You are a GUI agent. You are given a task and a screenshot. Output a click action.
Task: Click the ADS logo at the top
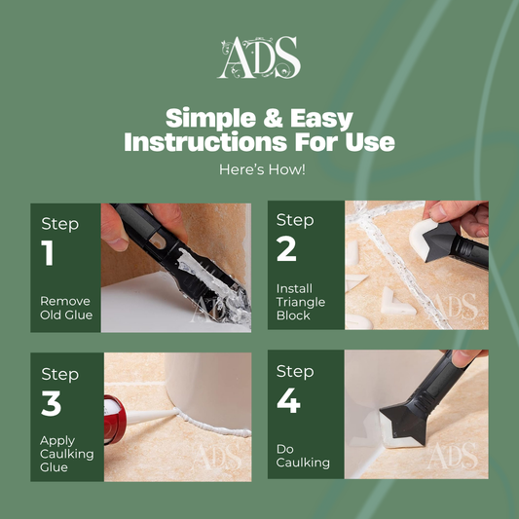259,57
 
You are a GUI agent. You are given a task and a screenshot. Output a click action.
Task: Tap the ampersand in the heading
273,118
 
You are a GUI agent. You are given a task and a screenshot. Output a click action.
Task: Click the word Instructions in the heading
205,142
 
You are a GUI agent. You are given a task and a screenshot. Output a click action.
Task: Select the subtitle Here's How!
262,169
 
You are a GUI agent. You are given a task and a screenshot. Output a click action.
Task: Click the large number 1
48,252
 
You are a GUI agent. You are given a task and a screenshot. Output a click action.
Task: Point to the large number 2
286,249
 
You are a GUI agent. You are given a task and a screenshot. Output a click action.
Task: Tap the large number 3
52,403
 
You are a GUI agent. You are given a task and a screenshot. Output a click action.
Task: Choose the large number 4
288,400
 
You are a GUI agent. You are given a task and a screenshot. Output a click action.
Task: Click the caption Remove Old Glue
66,308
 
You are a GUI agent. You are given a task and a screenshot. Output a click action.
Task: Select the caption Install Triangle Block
301,302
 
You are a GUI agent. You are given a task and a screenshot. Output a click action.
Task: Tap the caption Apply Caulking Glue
66,454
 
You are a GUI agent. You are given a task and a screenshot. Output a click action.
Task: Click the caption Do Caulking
303,456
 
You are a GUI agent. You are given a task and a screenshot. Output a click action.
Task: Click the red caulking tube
114,420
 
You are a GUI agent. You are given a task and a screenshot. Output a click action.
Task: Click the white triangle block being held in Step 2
422,238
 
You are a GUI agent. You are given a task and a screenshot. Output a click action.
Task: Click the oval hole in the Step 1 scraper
156,241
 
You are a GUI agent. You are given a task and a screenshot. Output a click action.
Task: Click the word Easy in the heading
321,119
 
